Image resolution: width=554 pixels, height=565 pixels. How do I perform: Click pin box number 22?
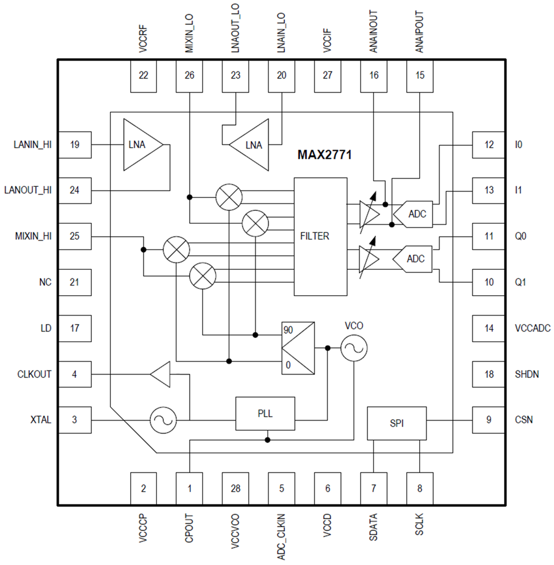(143, 75)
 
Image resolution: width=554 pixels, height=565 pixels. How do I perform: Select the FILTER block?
(321, 236)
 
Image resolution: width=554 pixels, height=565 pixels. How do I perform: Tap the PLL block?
(265, 413)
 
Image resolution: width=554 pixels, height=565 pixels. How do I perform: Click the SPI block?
(397, 423)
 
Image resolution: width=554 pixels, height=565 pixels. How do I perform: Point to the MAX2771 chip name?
(324, 155)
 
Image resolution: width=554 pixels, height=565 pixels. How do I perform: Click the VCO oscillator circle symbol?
(354, 348)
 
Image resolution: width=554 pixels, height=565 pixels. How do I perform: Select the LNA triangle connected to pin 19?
(140, 145)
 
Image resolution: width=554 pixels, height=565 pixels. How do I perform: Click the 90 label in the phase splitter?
(288, 330)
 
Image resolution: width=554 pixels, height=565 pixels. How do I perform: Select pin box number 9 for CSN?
(488, 420)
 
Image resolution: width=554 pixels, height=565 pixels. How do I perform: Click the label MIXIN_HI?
(33, 236)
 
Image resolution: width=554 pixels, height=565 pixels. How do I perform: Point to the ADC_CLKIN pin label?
(281, 537)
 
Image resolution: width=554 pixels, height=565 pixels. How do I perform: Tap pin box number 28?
(235, 488)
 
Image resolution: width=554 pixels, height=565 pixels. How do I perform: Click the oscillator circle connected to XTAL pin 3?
(163, 420)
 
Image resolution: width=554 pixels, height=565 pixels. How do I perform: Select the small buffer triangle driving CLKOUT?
(161, 374)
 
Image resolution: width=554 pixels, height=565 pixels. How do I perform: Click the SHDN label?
(526, 374)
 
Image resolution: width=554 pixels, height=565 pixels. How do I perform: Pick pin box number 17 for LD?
(74, 328)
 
